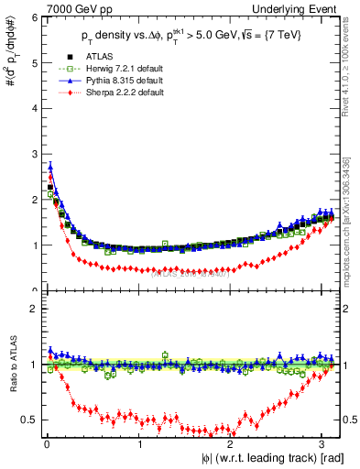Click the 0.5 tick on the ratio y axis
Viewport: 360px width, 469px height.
(28, 420)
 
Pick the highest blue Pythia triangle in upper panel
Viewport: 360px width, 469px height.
(50, 167)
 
